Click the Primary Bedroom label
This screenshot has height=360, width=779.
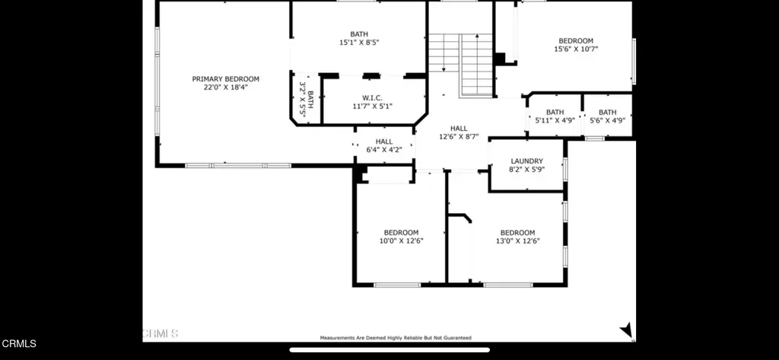click(225, 79)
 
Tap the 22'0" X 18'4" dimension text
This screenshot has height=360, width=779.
click(225, 87)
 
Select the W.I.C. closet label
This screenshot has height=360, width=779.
click(372, 98)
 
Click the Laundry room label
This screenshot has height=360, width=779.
click(526, 161)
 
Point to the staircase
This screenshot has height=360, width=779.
click(460, 65)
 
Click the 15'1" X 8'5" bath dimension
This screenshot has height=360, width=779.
click(359, 43)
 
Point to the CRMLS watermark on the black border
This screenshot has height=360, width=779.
click(19, 343)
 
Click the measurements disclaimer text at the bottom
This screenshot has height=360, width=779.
click(396, 338)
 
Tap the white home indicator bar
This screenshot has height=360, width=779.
click(389, 350)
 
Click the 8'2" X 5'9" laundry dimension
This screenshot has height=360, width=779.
click(526, 170)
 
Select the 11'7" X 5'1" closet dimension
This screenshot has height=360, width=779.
click(373, 107)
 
